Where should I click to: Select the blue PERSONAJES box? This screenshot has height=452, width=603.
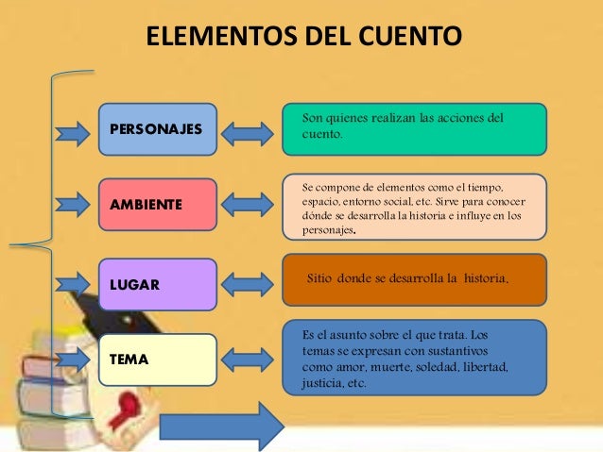pos(157,128)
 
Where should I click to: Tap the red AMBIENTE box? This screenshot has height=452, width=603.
pos(157,204)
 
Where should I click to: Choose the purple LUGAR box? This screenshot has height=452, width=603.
pos(157,284)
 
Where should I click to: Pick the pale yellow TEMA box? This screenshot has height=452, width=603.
pos(157,360)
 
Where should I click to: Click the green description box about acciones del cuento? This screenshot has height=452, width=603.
pos(415,128)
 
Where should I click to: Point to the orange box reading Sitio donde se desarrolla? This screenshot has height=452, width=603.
pos(415,279)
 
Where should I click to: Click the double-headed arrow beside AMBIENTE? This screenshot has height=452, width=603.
pos(248,204)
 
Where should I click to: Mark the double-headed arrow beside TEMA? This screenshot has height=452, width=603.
pos(248,358)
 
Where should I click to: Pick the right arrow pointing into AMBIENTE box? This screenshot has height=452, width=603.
pos(72,202)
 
